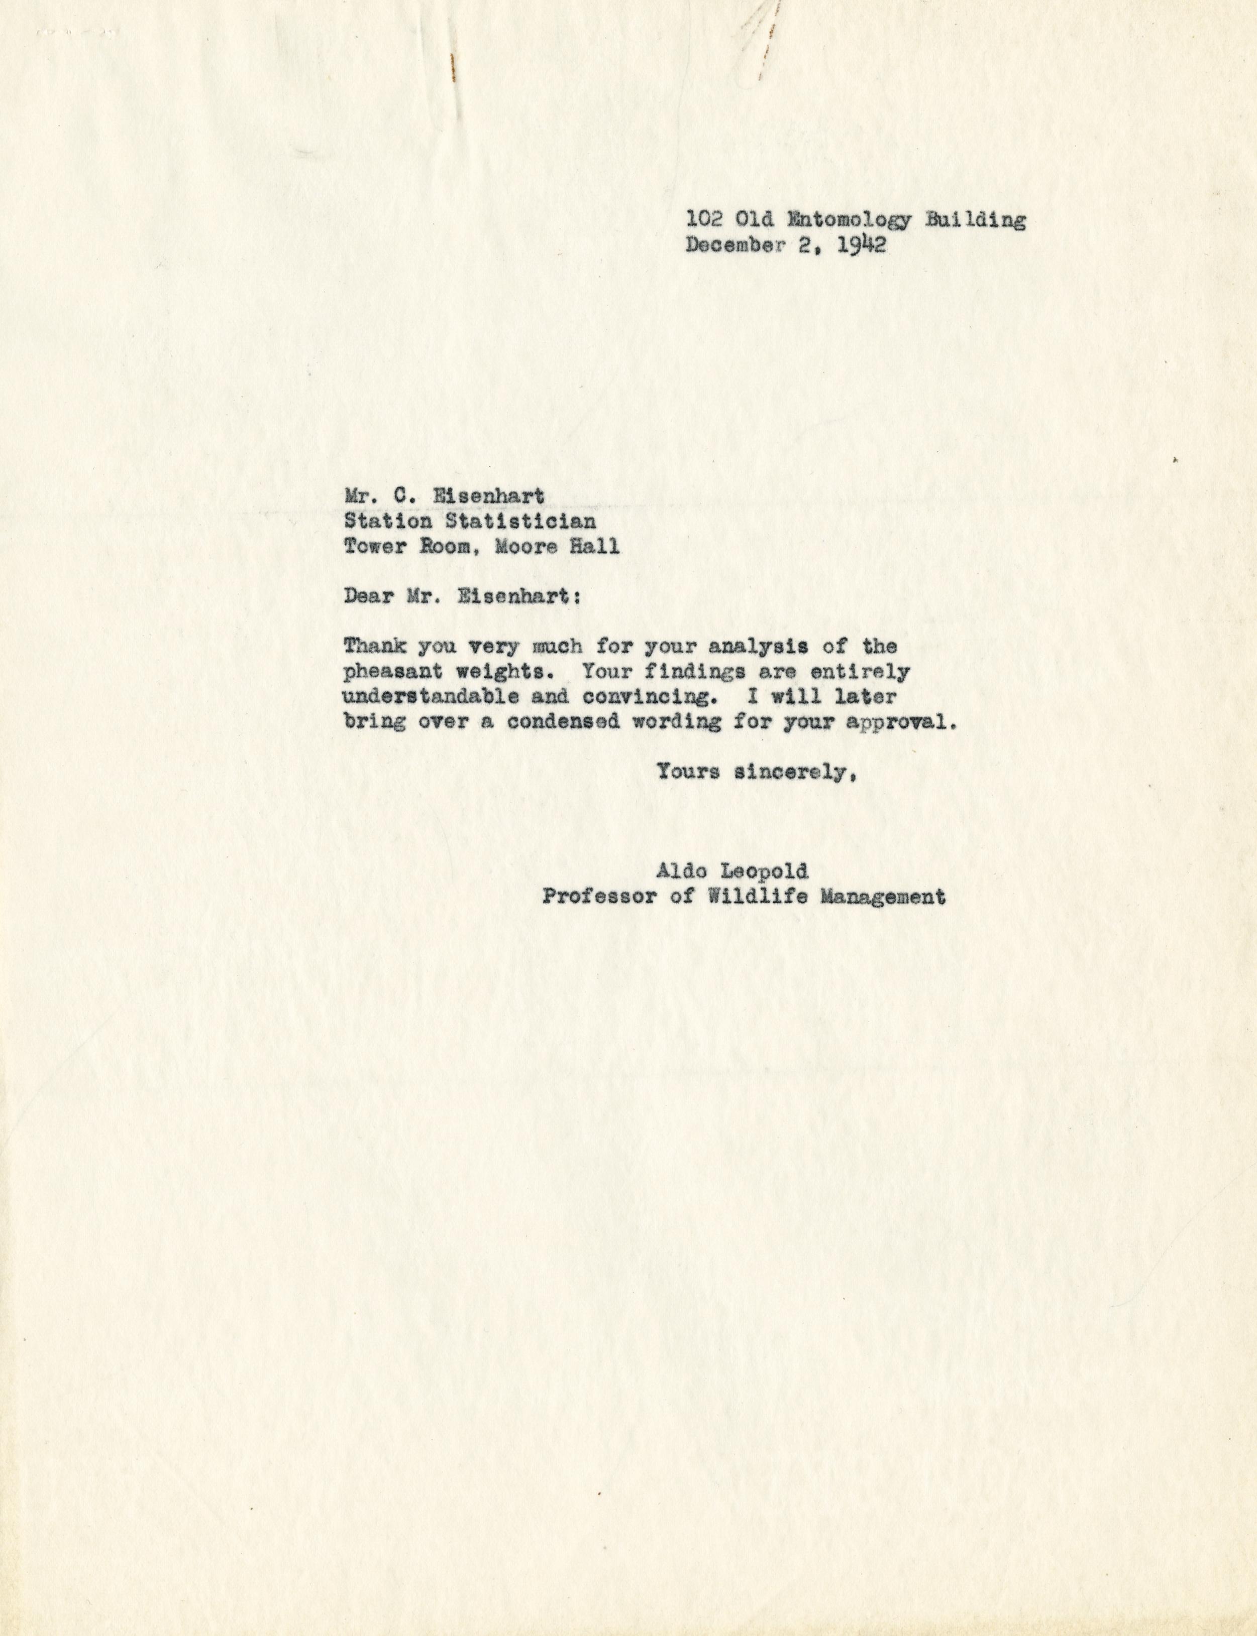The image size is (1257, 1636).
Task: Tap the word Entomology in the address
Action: click(847, 220)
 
